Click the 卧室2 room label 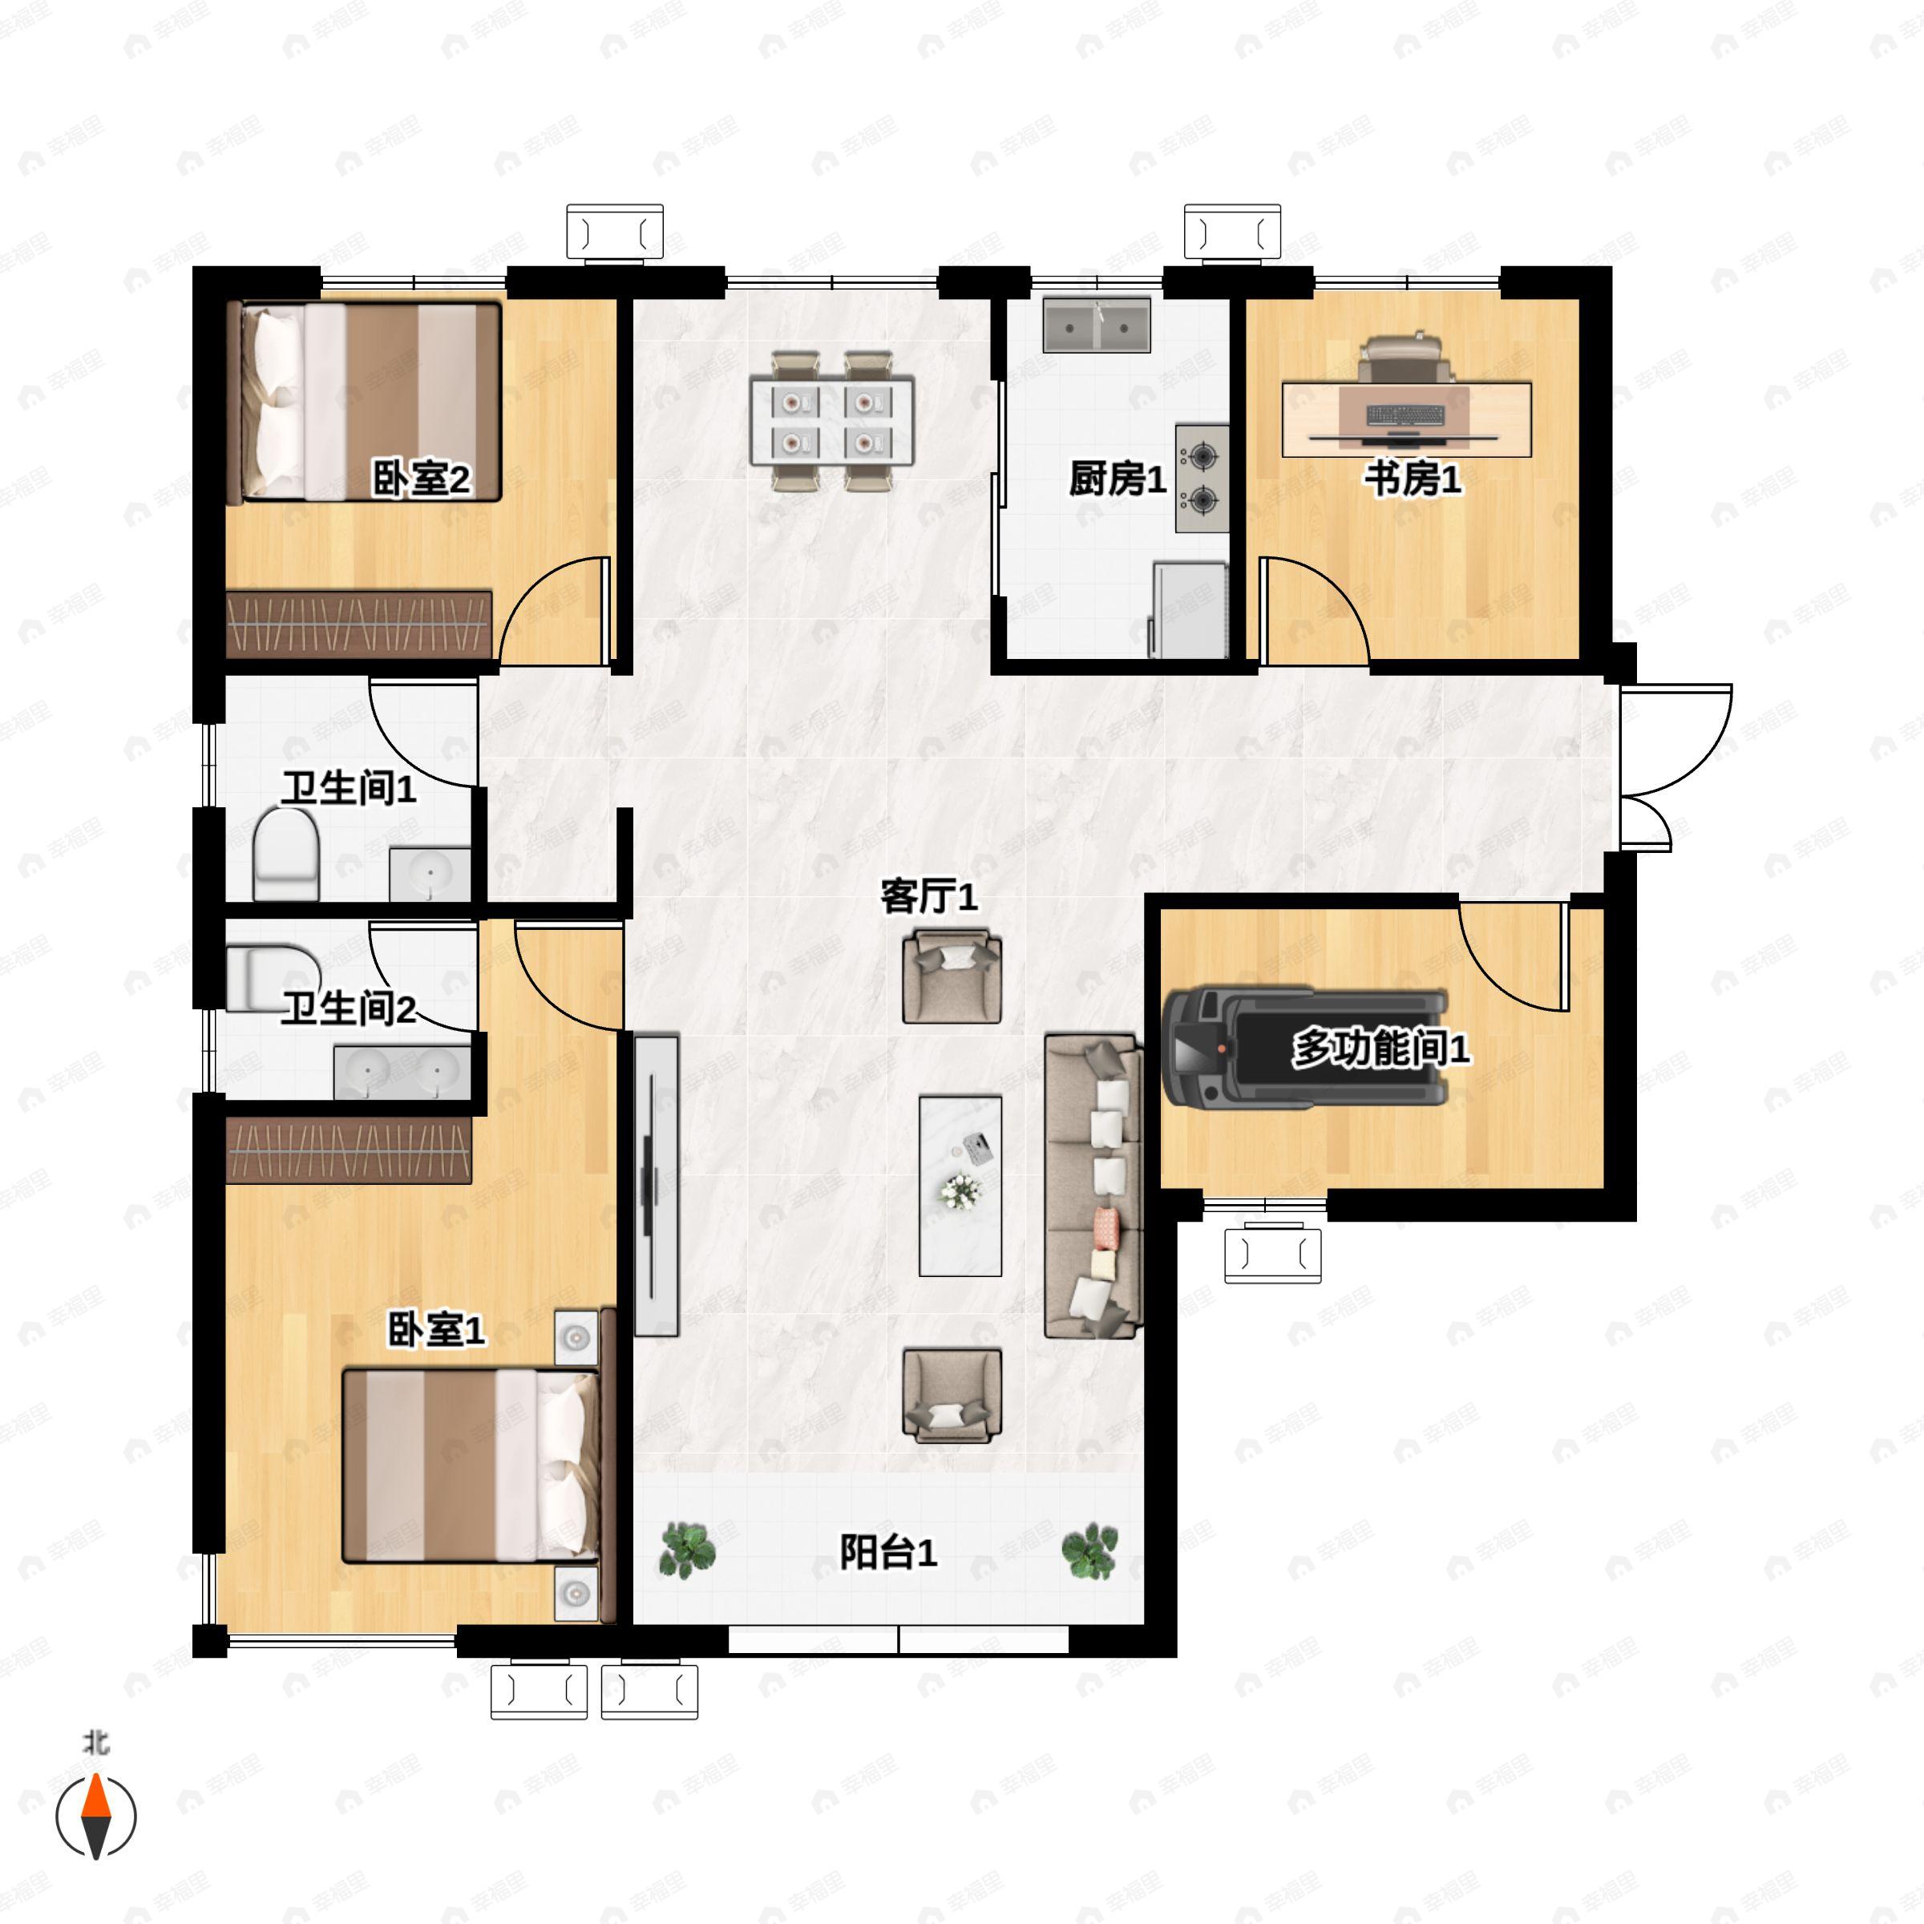421,480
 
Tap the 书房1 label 1412,480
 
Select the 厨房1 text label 1118,480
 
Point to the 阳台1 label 888,1551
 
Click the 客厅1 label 929,896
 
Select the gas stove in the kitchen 1202,478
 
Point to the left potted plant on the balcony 687,1550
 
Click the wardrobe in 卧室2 359,624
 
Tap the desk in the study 1406,419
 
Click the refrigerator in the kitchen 1189,609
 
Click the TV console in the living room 657,1185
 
